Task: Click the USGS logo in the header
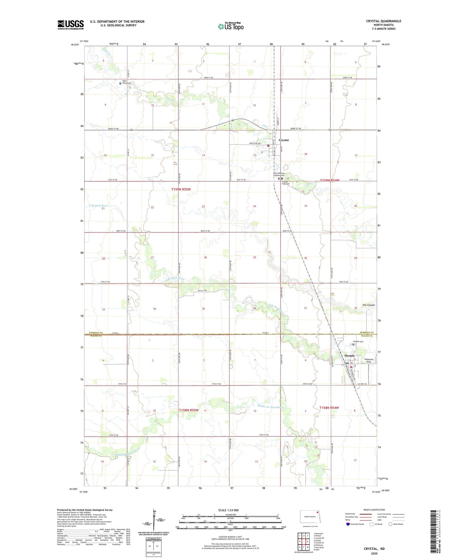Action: coord(71,25)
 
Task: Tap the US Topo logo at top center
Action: coord(231,26)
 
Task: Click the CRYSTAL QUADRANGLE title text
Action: coord(384,21)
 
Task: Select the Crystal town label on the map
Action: coord(284,140)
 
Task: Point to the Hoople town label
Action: coord(350,356)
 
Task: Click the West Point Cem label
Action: coord(127,82)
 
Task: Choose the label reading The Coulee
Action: coord(368,305)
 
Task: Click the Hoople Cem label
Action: coord(358,341)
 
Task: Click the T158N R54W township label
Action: coord(329,408)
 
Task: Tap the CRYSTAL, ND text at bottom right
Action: coord(374,549)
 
